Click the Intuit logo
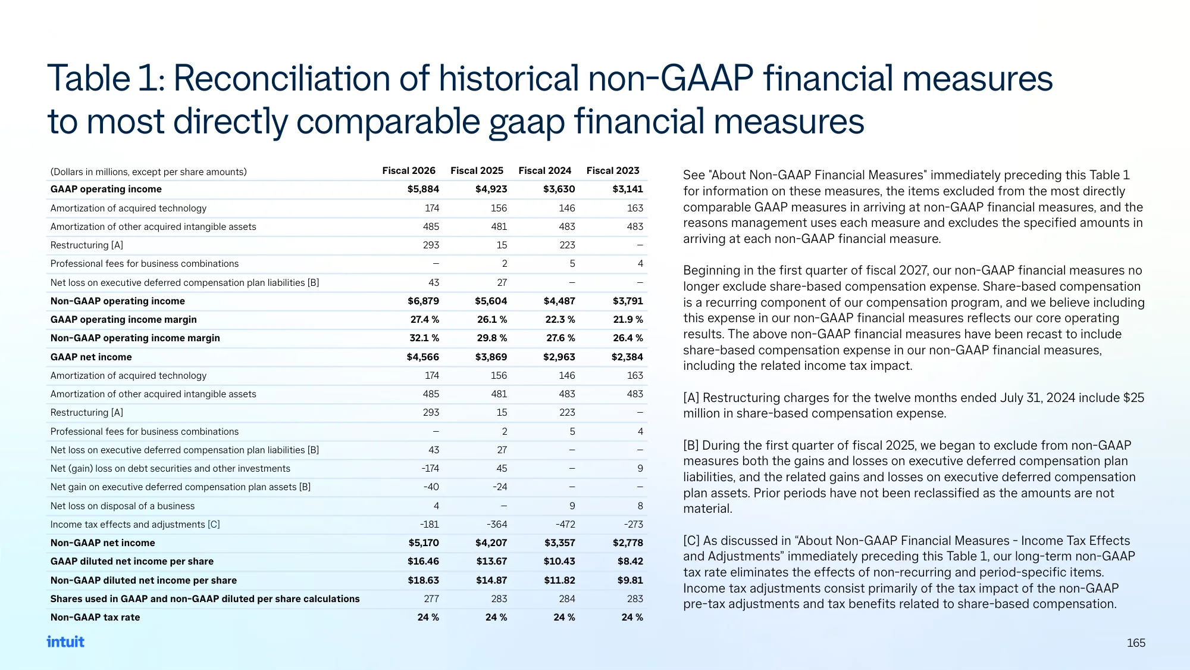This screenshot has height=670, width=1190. (65, 641)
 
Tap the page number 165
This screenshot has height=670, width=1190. (1136, 643)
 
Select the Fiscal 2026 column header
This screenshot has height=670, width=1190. (409, 170)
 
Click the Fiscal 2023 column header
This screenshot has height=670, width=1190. (613, 170)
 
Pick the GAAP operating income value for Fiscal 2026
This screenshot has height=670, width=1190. (423, 189)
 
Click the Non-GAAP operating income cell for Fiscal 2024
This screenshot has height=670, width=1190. (559, 301)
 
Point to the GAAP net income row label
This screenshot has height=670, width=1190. (91, 357)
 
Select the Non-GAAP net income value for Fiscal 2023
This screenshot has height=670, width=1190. (628, 543)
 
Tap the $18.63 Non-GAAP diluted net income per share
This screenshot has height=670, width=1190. (423, 580)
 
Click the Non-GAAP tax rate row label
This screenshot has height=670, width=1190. (95, 617)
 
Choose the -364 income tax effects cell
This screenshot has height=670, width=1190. (497, 524)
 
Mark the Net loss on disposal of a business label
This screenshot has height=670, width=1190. (123, 506)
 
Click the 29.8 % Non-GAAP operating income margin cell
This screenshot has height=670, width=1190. (492, 338)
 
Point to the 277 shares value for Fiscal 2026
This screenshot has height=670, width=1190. (431, 599)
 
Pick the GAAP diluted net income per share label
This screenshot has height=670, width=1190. (132, 561)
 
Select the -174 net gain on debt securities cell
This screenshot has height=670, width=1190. (430, 468)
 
